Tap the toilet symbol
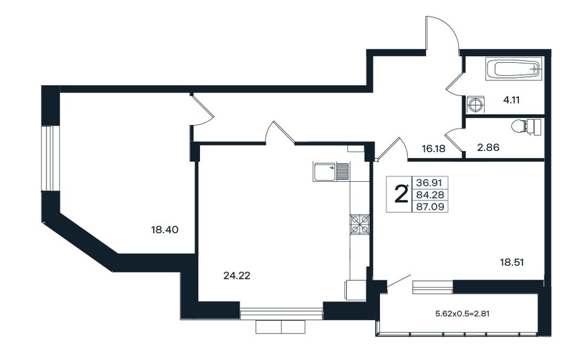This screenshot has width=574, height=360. tap(526, 127)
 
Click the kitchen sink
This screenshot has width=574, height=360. tap(331, 171)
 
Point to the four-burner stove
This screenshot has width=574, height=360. tap(360, 224)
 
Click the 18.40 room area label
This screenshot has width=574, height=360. tap(165, 230)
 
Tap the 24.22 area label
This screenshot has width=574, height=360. tap(237, 275)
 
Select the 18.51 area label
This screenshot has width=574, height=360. tap(512, 262)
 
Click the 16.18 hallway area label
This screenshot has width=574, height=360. tap(433, 149)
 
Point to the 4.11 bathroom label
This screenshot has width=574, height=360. tap(511, 100)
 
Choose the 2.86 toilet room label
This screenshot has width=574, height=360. tap(488, 147)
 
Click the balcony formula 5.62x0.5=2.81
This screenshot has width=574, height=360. tap(462, 313)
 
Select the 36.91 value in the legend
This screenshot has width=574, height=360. tap(430, 182)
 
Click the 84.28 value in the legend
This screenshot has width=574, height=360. tap(430, 194)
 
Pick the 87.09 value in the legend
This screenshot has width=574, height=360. tap(430, 207)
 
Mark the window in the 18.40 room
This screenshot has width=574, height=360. tap(47, 158)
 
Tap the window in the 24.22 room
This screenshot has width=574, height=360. tap(281, 314)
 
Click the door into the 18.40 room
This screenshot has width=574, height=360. tap(202, 110)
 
